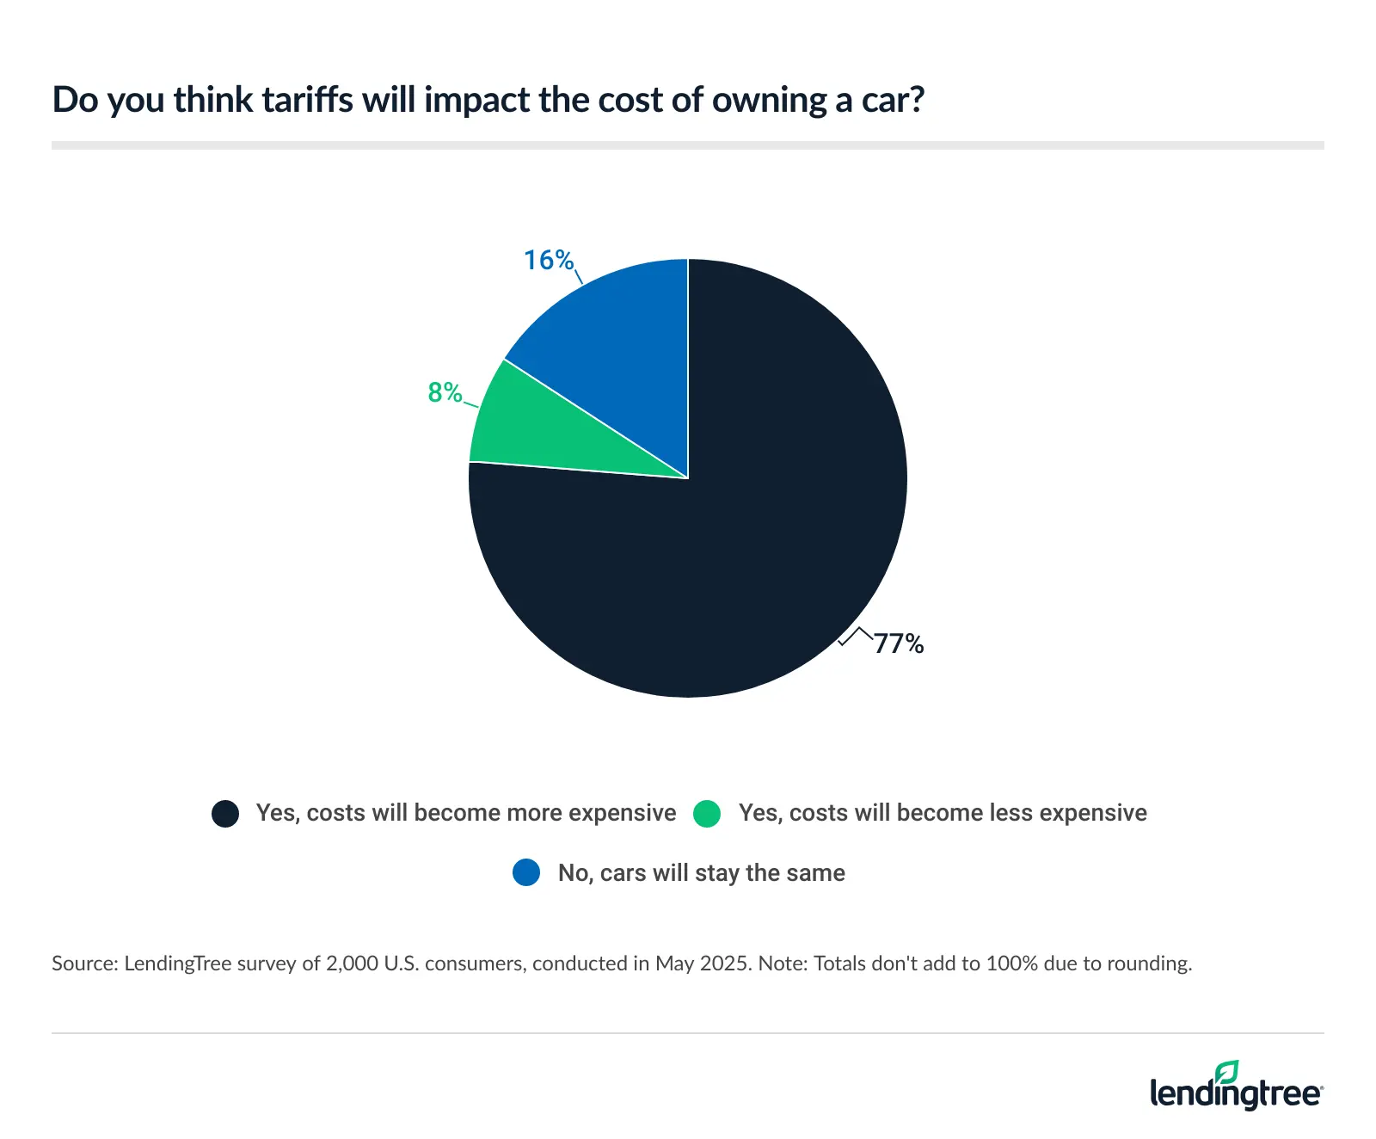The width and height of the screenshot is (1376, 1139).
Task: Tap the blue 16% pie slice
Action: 619,344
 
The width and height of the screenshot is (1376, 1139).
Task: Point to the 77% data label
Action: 899,643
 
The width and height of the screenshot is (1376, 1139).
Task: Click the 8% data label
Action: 445,392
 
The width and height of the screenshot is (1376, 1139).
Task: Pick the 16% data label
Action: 549,260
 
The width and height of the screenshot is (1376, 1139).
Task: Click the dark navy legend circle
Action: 225,814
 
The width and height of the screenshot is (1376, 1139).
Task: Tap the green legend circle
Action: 707,814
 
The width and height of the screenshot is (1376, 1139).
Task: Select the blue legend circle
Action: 526,873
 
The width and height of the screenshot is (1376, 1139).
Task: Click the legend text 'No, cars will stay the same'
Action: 701,873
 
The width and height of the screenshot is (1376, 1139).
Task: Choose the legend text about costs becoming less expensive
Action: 943,813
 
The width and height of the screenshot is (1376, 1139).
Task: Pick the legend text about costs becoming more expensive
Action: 466,813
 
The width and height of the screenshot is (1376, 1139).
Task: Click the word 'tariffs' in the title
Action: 307,101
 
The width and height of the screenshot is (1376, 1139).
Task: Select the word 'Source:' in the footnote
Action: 84,964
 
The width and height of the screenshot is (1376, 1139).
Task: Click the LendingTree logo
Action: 1236,1087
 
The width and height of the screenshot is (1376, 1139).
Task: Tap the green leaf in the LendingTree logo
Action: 1227,1071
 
